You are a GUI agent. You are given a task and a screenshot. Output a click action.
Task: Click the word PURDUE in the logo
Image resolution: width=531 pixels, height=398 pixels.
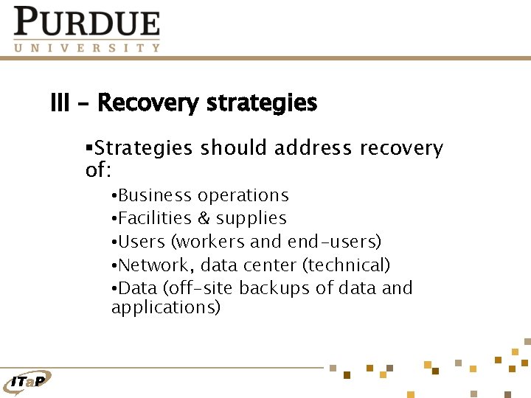point(86,22)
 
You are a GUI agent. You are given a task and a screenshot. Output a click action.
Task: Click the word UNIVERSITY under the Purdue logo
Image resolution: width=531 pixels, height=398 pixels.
point(86,47)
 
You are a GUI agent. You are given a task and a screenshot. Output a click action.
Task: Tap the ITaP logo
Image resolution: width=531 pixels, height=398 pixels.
point(29,380)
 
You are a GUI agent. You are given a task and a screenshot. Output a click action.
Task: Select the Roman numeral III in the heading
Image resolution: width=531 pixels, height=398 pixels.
point(60,103)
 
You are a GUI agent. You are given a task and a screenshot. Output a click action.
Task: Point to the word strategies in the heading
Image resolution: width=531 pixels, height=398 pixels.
point(262,103)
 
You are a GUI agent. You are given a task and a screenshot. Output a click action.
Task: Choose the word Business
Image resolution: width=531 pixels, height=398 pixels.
point(154,195)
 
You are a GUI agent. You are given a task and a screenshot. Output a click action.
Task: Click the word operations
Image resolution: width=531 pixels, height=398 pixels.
point(243,195)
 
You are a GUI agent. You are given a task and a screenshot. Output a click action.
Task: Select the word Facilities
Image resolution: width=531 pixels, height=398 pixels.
point(153,218)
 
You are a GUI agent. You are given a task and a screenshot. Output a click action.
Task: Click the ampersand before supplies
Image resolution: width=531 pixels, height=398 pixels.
point(204,218)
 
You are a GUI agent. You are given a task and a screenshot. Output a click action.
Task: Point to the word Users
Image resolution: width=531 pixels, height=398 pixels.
point(142,241)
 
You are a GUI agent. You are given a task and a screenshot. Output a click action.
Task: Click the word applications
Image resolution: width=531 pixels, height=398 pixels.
point(165,307)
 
